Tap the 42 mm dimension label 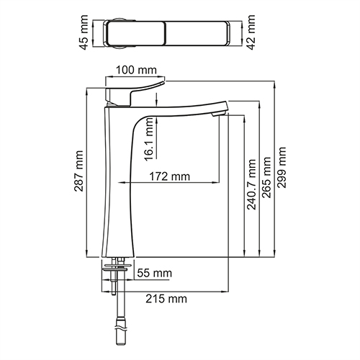pyautogui.click(x=252, y=32)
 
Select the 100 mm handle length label pyautogui.click(x=137, y=70)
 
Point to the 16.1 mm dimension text pyautogui.click(x=148, y=143)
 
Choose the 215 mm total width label pyautogui.click(x=170, y=298)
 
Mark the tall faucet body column pyautogui.click(x=119, y=187)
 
